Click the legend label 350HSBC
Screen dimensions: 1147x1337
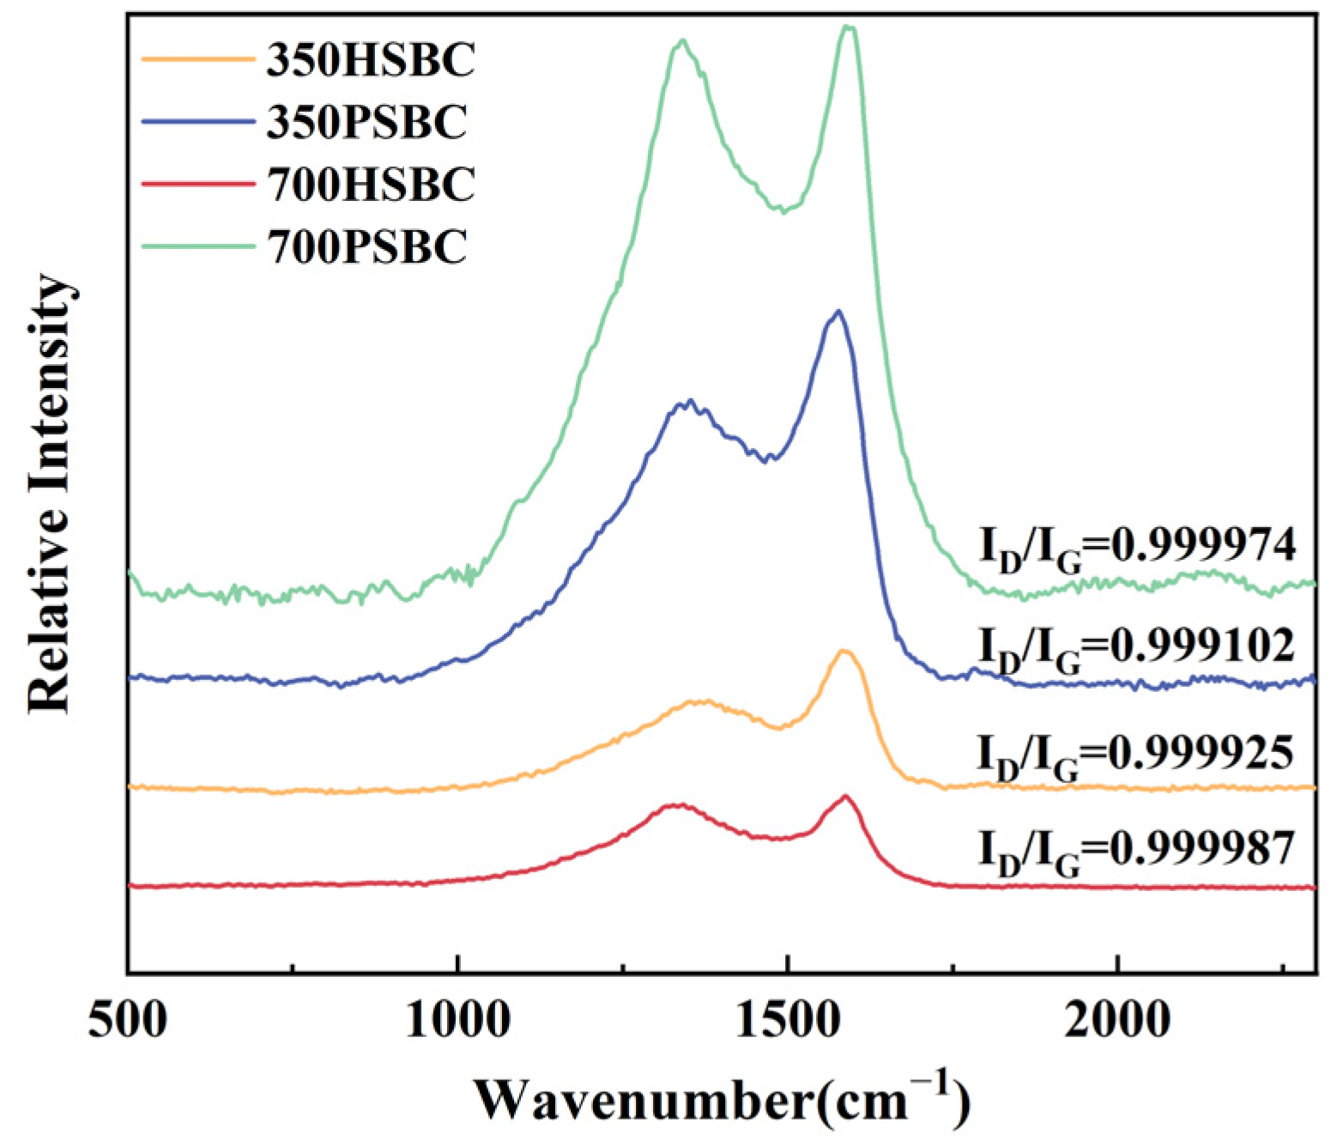click(370, 60)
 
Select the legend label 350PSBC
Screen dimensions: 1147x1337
click(366, 122)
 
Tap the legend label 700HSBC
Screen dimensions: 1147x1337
click(370, 185)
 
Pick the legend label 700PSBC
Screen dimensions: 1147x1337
click(366, 247)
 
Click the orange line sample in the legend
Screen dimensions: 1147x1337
click(198, 59)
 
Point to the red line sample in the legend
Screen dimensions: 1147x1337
click(198, 185)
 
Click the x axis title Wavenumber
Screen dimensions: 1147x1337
click(722, 1100)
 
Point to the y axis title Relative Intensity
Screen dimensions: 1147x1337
click(49, 494)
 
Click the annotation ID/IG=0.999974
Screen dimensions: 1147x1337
click(1137, 547)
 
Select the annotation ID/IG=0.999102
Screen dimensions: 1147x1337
click(1137, 647)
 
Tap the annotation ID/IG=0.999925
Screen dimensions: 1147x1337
click(1135, 755)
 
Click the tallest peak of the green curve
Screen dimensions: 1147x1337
click(849, 27)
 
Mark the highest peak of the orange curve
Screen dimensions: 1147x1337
click(844, 651)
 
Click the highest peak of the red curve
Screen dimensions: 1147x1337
click(846, 796)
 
